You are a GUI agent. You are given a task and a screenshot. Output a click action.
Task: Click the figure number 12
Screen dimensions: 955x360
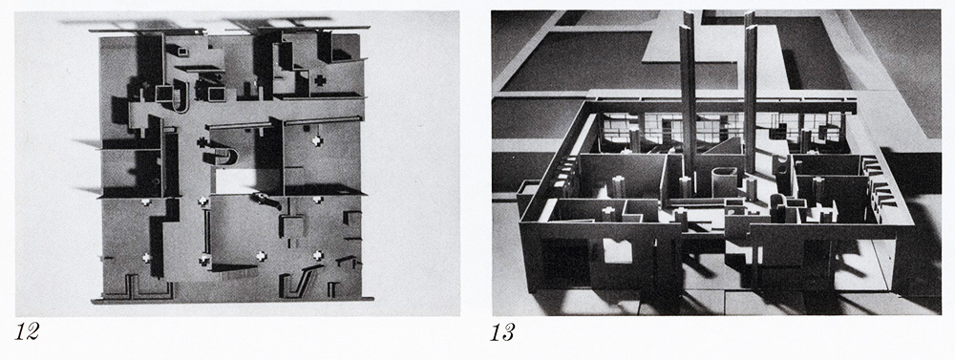[28, 332]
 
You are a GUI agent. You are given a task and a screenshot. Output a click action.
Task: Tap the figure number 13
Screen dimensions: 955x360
[503, 332]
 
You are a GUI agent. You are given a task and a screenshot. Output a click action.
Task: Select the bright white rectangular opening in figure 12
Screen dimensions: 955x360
[235, 181]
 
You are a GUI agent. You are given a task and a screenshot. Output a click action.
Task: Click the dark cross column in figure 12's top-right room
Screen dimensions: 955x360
[318, 80]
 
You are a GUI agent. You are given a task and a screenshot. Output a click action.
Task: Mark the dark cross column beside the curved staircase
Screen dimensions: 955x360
[202, 143]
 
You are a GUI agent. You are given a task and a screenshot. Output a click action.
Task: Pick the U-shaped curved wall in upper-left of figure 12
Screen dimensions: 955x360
[180, 101]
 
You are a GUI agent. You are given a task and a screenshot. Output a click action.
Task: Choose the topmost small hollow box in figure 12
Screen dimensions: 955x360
[182, 52]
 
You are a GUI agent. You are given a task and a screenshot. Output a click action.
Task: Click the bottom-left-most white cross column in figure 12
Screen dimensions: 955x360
[146, 257]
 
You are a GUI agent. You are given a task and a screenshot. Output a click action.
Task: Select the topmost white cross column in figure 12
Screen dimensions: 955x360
[317, 141]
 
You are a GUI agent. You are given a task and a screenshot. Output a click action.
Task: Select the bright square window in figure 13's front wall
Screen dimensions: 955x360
[618, 250]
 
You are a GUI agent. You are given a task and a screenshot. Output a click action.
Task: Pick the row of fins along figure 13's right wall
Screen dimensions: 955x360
[876, 180]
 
